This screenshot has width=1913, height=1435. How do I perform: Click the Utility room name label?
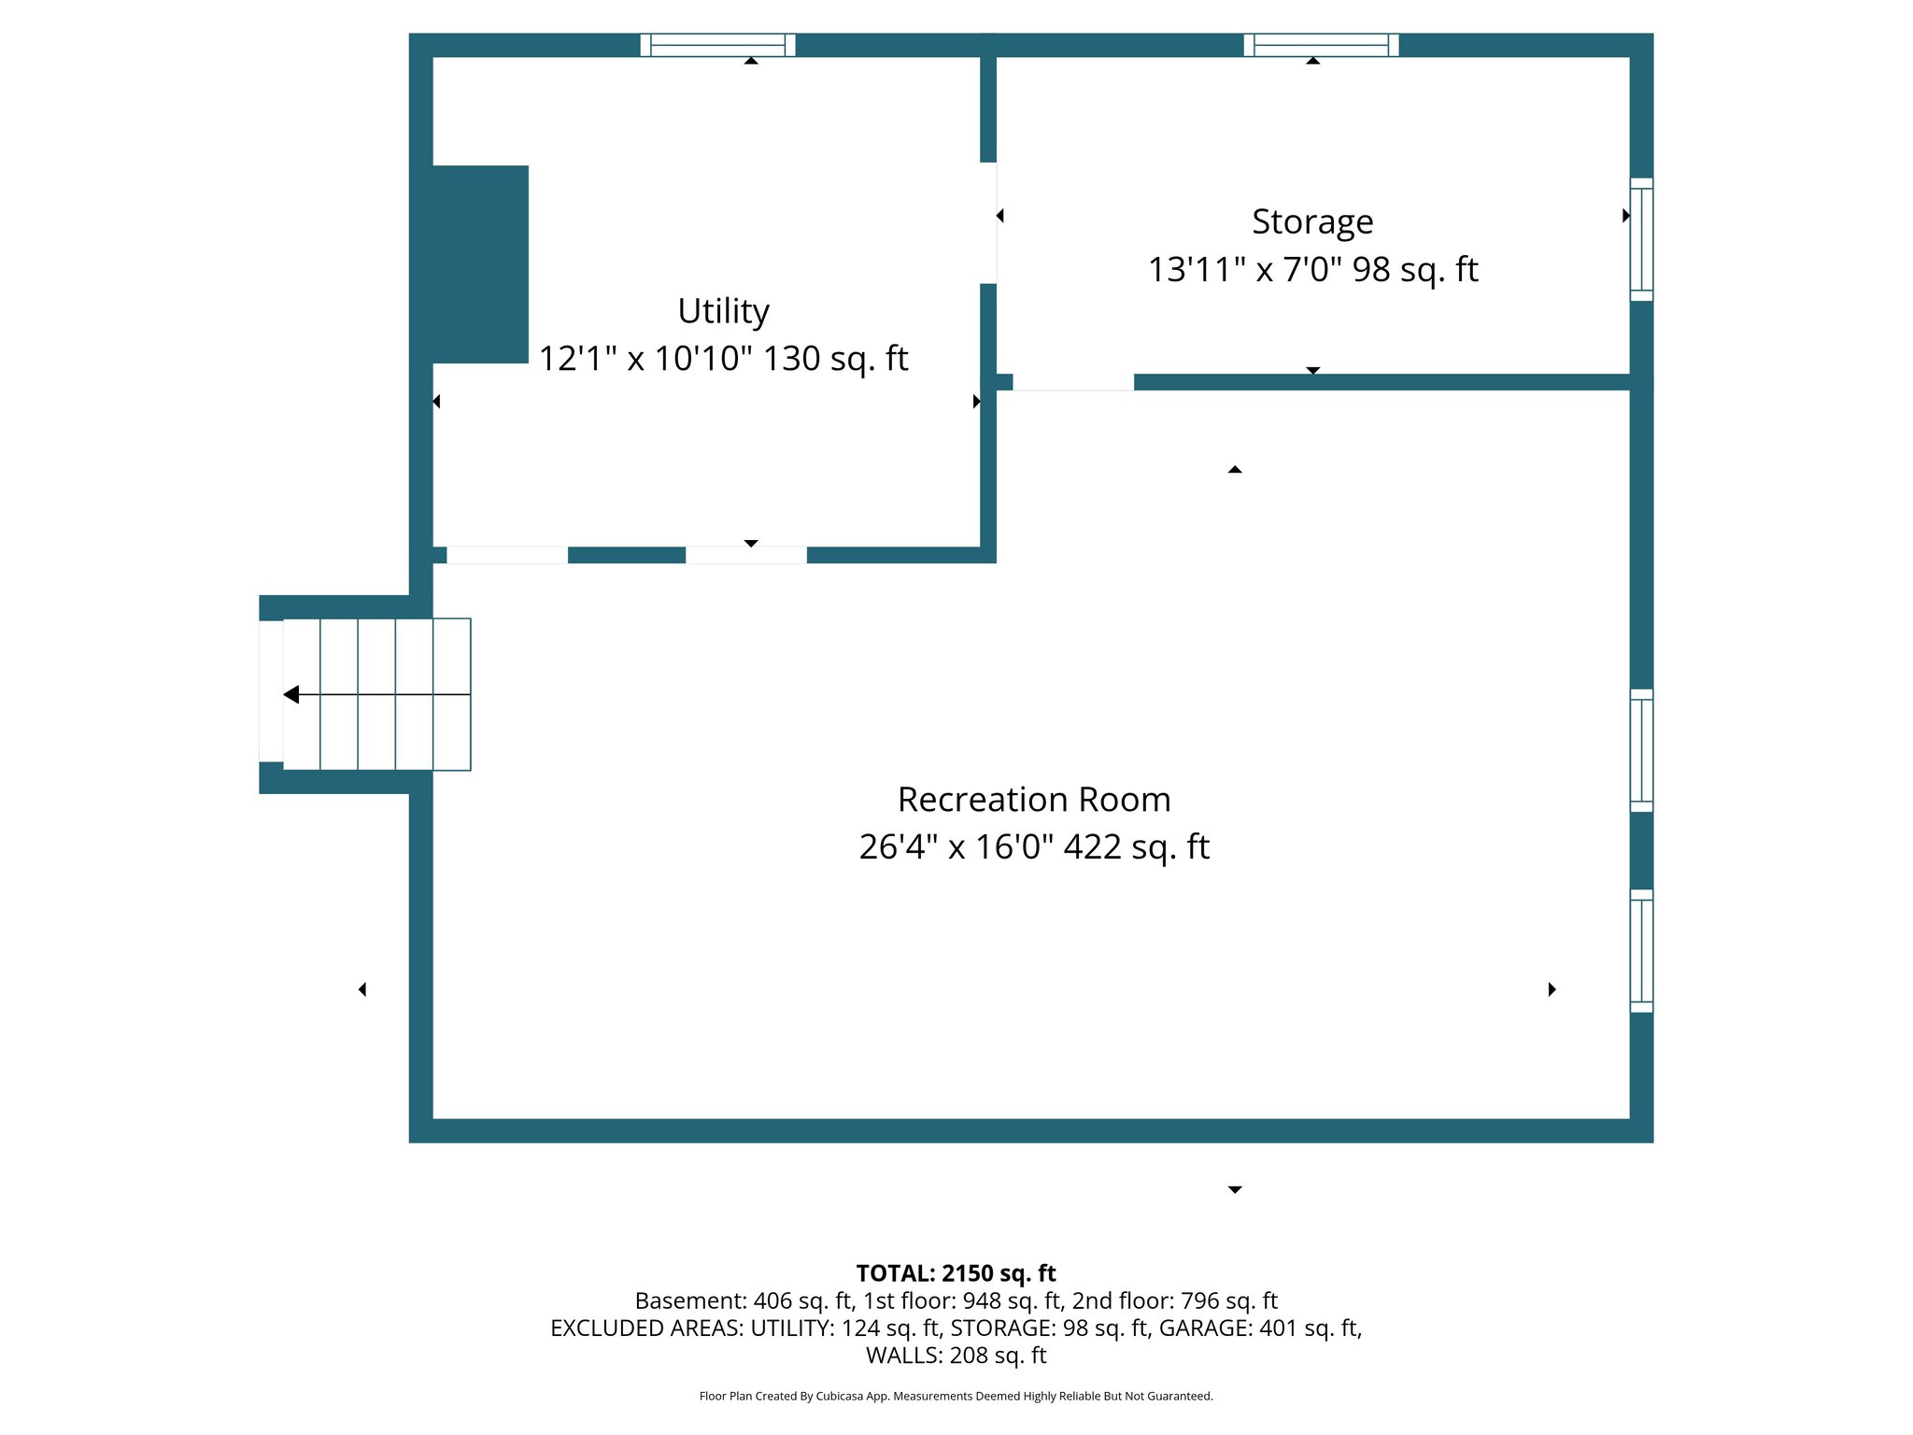[x=723, y=311]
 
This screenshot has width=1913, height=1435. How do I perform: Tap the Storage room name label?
[x=1312, y=222]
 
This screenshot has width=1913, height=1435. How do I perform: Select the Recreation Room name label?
[x=1033, y=800]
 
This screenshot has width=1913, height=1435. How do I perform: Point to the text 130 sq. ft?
[x=835, y=359]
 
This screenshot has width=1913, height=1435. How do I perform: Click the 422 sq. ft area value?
[x=1136, y=847]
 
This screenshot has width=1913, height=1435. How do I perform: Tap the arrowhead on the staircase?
[x=291, y=694]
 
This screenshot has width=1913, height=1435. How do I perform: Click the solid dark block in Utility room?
[x=480, y=264]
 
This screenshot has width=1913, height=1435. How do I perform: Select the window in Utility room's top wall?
[x=717, y=45]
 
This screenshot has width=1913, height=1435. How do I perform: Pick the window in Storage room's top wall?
[x=1321, y=45]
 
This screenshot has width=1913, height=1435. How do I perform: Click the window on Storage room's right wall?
[x=1641, y=239]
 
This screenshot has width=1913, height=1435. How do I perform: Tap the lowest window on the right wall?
[x=1641, y=951]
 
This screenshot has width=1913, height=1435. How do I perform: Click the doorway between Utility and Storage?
[x=988, y=222]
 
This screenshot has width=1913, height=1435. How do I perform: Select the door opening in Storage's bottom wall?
[x=1072, y=382]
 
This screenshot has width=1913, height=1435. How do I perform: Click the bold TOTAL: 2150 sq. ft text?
[x=956, y=1273]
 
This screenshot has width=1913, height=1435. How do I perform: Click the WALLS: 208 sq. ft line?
[x=956, y=1355]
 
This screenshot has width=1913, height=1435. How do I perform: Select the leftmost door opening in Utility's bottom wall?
[x=506, y=555]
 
